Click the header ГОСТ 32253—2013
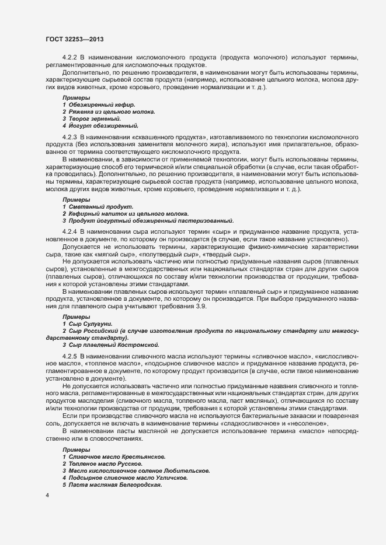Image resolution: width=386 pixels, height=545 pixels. tap(75, 38)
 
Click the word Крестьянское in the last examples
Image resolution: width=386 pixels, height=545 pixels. tap(145, 456)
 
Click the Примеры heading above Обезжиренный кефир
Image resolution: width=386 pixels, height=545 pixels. tap(76, 97)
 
